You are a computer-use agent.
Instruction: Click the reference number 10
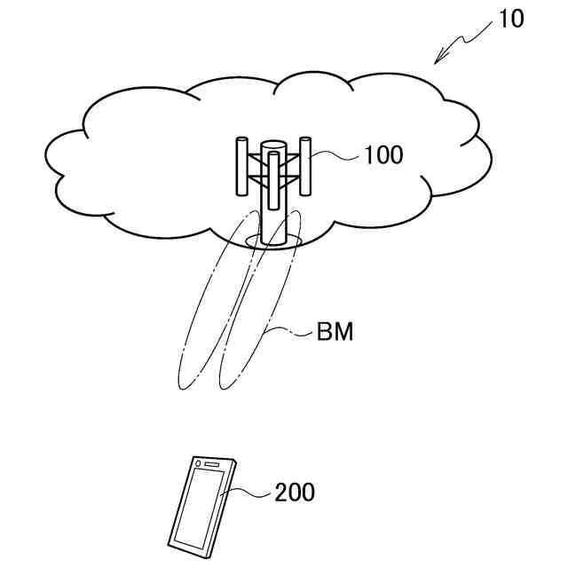[511, 19]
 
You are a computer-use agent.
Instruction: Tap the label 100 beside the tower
[383, 156]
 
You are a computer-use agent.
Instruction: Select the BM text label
[335, 334]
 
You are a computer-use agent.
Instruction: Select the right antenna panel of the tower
[306, 165]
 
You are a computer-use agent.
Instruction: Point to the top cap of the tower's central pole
[274, 145]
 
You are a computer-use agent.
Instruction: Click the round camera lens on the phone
[197, 462]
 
